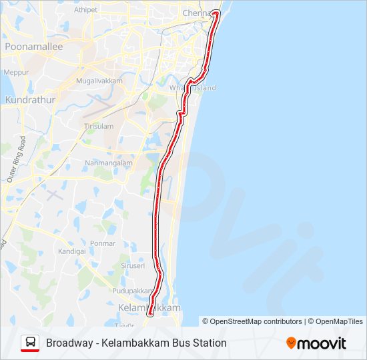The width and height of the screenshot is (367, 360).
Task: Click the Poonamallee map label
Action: coord(33,47)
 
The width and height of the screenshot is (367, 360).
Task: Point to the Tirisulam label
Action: coord(99,126)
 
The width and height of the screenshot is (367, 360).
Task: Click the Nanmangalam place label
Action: coord(109,163)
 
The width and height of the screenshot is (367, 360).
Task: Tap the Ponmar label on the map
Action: coord(103,243)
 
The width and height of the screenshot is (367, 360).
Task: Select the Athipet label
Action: coord(85,10)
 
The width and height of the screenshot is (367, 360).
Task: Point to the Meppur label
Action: coord(16,72)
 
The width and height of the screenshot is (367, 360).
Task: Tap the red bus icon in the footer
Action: coord(29,343)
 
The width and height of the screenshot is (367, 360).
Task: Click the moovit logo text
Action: coord(322,343)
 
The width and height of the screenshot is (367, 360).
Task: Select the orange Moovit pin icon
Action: coord(291,343)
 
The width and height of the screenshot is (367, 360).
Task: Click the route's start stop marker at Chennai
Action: coord(215,13)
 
